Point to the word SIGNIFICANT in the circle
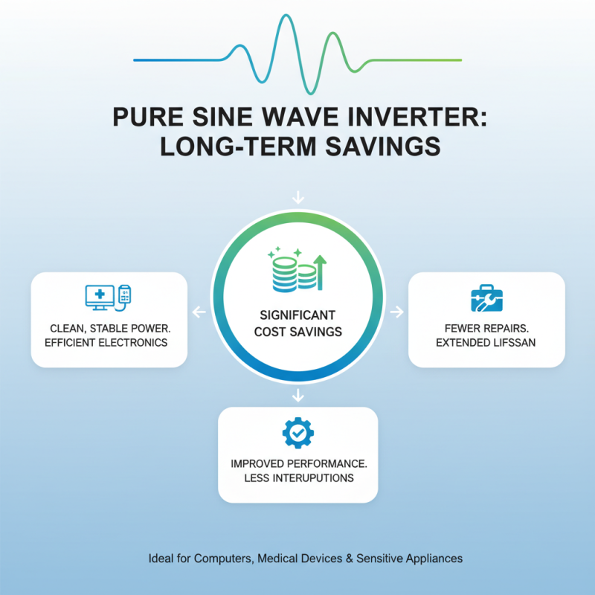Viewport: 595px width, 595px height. click(x=297, y=315)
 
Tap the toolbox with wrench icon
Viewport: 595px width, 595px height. click(x=486, y=297)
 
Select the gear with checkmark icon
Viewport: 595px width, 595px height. click(x=297, y=433)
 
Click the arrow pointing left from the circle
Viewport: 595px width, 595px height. click(x=198, y=312)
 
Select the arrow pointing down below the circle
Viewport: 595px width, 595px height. click(x=297, y=393)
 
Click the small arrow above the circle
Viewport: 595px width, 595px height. click(x=297, y=198)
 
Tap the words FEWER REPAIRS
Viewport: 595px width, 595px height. click(x=486, y=327)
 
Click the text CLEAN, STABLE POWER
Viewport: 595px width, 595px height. click(x=107, y=327)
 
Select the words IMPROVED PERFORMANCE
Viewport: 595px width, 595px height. click(x=297, y=463)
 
